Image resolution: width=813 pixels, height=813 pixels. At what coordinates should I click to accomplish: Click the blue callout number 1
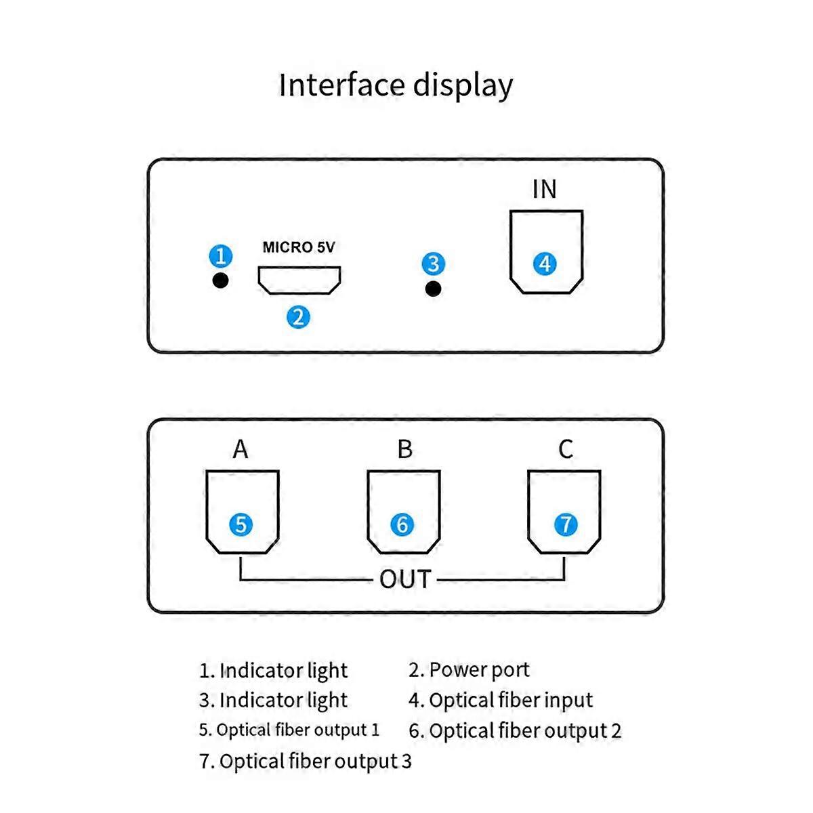(x=220, y=256)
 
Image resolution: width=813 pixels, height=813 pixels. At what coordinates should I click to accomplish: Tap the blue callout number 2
(x=298, y=316)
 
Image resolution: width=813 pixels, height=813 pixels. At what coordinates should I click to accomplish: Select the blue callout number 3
(x=434, y=264)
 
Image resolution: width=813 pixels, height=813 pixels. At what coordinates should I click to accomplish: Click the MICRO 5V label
(x=299, y=247)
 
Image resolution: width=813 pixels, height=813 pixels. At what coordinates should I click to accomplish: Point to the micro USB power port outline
(x=299, y=280)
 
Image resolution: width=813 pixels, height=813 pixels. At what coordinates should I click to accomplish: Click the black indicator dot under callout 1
(x=220, y=280)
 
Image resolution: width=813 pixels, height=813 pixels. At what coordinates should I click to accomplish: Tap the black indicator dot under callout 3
(x=434, y=289)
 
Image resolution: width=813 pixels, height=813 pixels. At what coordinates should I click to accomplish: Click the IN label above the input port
(x=545, y=190)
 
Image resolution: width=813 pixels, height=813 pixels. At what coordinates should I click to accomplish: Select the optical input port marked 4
(x=546, y=251)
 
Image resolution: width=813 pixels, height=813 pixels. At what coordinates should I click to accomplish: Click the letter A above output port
(x=241, y=449)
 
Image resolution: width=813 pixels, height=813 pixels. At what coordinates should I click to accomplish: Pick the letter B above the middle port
(x=404, y=449)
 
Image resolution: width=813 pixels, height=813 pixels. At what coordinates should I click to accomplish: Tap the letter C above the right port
(x=566, y=449)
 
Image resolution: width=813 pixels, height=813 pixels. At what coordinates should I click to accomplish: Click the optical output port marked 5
(x=242, y=512)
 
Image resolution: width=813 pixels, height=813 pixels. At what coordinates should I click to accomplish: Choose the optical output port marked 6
(x=403, y=512)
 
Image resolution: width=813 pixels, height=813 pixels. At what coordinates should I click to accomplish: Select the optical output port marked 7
(x=564, y=512)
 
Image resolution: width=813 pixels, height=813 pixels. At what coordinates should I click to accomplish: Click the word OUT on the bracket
(x=405, y=580)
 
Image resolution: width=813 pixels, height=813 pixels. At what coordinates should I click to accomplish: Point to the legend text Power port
(x=479, y=670)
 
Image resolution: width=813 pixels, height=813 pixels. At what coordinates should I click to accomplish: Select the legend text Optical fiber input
(x=510, y=700)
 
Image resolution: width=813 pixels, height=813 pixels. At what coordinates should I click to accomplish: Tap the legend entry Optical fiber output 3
(x=306, y=762)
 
